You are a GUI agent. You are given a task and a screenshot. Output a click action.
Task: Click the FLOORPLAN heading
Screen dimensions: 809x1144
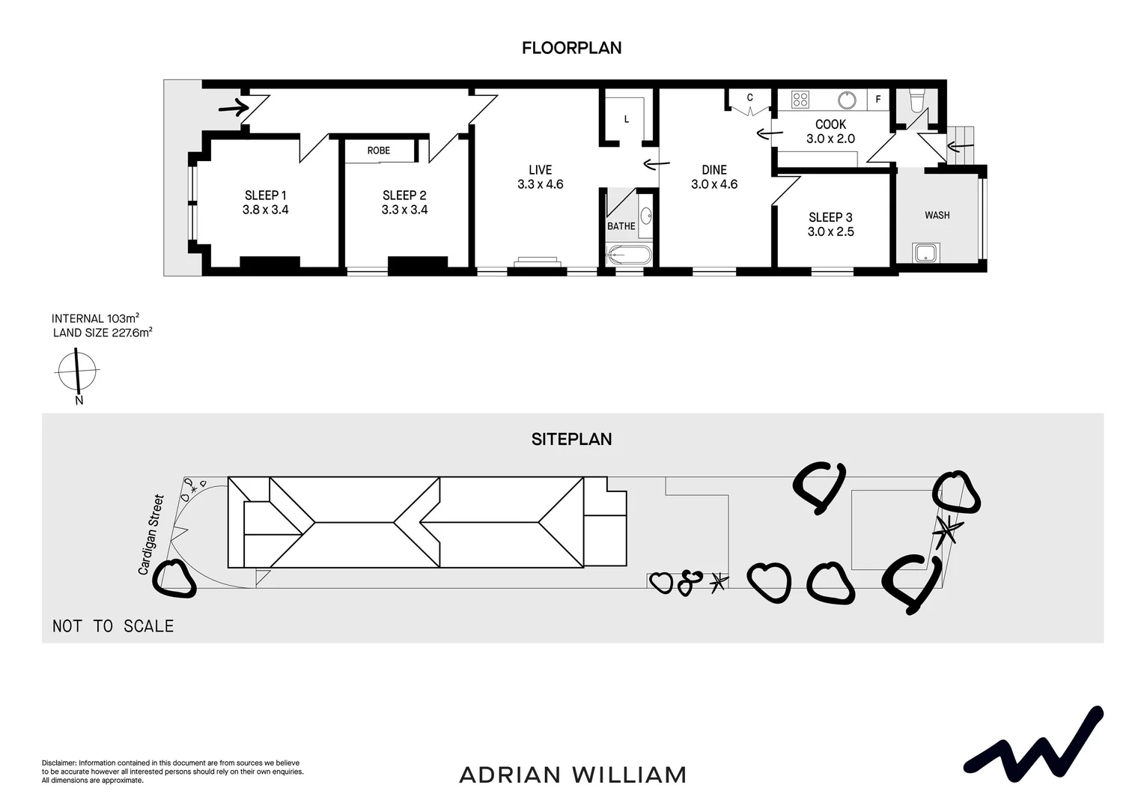click(571, 48)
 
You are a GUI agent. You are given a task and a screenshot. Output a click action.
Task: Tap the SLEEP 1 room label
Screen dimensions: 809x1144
click(265, 196)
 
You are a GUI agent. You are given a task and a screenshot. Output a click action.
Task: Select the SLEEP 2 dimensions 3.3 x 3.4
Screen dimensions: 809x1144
click(404, 210)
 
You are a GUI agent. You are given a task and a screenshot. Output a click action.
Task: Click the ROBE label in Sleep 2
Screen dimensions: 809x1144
click(379, 151)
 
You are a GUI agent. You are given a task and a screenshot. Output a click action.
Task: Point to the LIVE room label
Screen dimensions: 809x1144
click(540, 170)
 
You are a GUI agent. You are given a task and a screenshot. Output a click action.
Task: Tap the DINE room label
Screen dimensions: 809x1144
click(714, 170)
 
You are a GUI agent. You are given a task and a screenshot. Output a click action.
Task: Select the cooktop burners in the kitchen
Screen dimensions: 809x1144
click(800, 99)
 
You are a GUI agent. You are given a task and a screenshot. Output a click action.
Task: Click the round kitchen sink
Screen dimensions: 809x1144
click(847, 100)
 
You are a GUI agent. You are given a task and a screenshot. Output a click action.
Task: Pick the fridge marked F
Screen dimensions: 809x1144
click(878, 99)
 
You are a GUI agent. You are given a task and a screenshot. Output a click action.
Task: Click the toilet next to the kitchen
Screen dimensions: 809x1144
click(916, 100)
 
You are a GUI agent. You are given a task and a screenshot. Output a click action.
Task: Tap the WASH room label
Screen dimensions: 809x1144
click(937, 215)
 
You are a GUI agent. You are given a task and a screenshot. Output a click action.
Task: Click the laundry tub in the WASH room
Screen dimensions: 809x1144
click(926, 252)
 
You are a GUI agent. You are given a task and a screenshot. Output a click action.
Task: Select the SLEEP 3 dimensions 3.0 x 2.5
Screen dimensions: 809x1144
click(830, 231)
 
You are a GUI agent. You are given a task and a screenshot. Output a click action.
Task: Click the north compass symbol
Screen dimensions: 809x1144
click(77, 371)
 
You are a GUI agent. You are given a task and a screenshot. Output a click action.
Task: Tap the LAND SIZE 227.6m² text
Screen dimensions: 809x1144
click(103, 333)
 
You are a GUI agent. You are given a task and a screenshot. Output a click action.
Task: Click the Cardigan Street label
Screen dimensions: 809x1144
click(150, 534)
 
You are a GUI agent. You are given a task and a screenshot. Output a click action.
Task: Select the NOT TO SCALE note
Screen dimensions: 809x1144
click(113, 626)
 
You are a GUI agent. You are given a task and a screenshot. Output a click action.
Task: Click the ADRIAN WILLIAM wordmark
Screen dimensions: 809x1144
click(573, 775)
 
